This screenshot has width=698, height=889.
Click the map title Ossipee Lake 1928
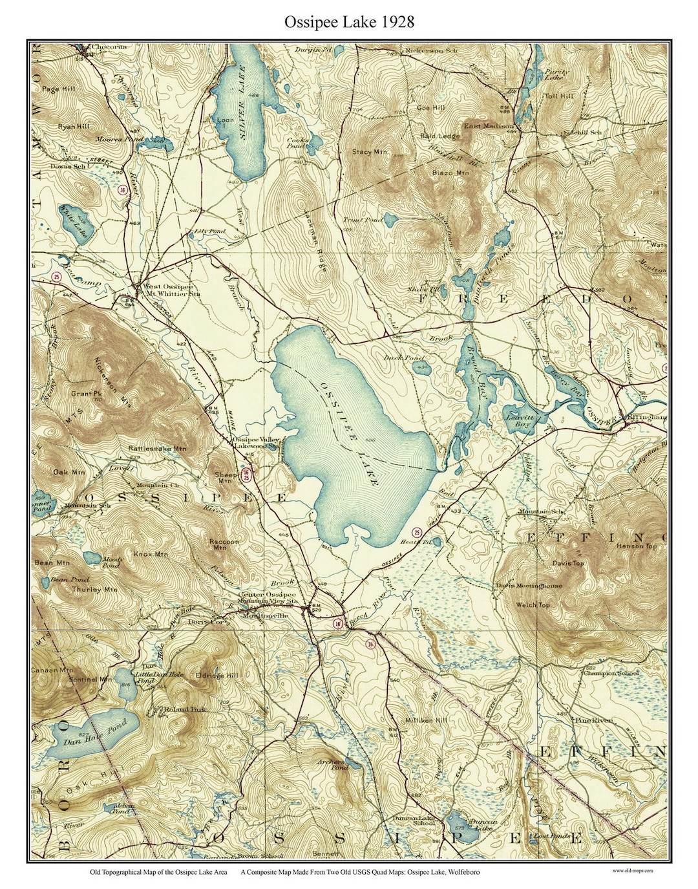click(349, 21)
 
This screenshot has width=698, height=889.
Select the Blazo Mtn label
click(450, 173)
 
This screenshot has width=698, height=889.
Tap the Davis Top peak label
click(567, 563)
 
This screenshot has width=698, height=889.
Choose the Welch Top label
click(533, 605)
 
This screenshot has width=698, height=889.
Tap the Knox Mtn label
click(150, 554)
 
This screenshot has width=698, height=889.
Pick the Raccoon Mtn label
click(224, 544)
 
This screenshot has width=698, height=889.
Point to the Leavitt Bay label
click(520, 422)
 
